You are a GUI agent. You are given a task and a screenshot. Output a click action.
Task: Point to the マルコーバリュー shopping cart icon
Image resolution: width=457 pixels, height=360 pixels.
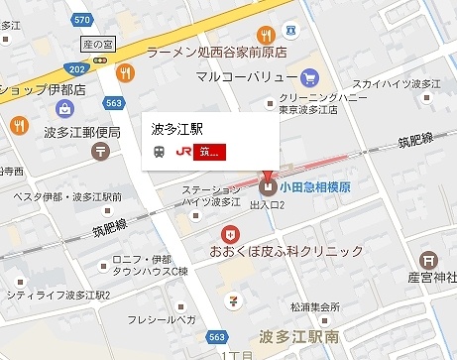pos(309,77)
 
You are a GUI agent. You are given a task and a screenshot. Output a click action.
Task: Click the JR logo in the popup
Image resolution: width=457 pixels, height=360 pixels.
pos(184,152)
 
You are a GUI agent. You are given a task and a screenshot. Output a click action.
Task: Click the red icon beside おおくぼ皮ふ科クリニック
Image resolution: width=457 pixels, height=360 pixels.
pos(230,234)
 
